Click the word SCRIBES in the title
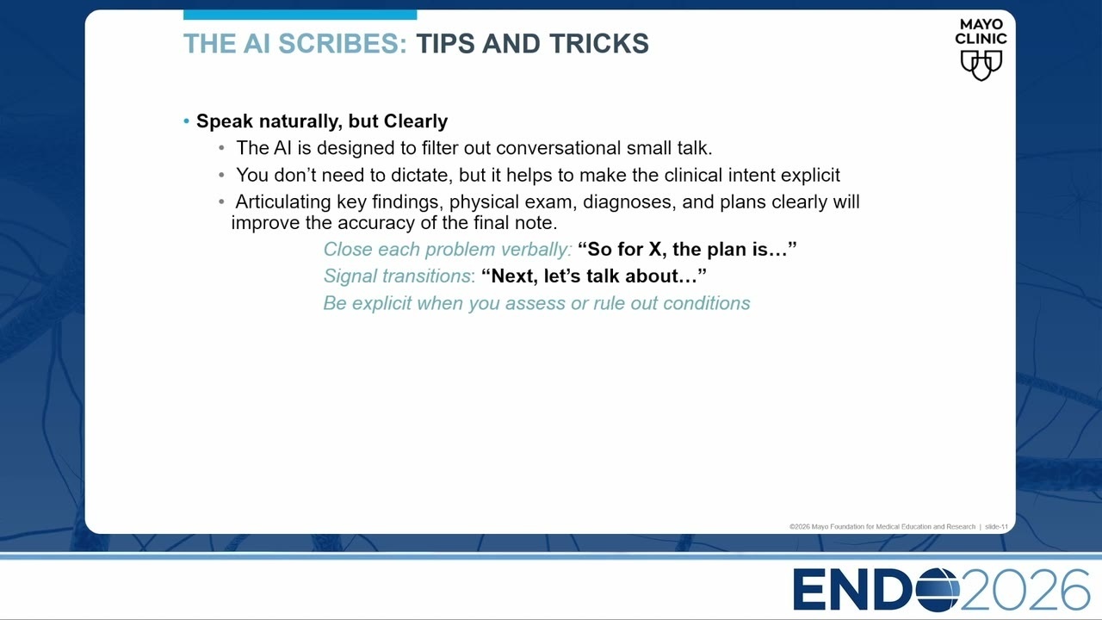click(x=343, y=43)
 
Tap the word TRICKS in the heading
click(x=599, y=43)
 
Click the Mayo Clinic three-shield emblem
click(x=981, y=65)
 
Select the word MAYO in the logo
click(x=981, y=24)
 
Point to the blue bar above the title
click(x=300, y=15)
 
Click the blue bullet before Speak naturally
click(x=187, y=121)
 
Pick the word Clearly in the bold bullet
click(x=416, y=121)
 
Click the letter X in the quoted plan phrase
click(x=655, y=250)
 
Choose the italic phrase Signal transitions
click(x=398, y=276)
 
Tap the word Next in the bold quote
click(x=514, y=276)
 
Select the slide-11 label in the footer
click(x=996, y=526)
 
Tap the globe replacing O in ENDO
click(x=938, y=590)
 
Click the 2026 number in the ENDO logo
click(x=1025, y=590)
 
